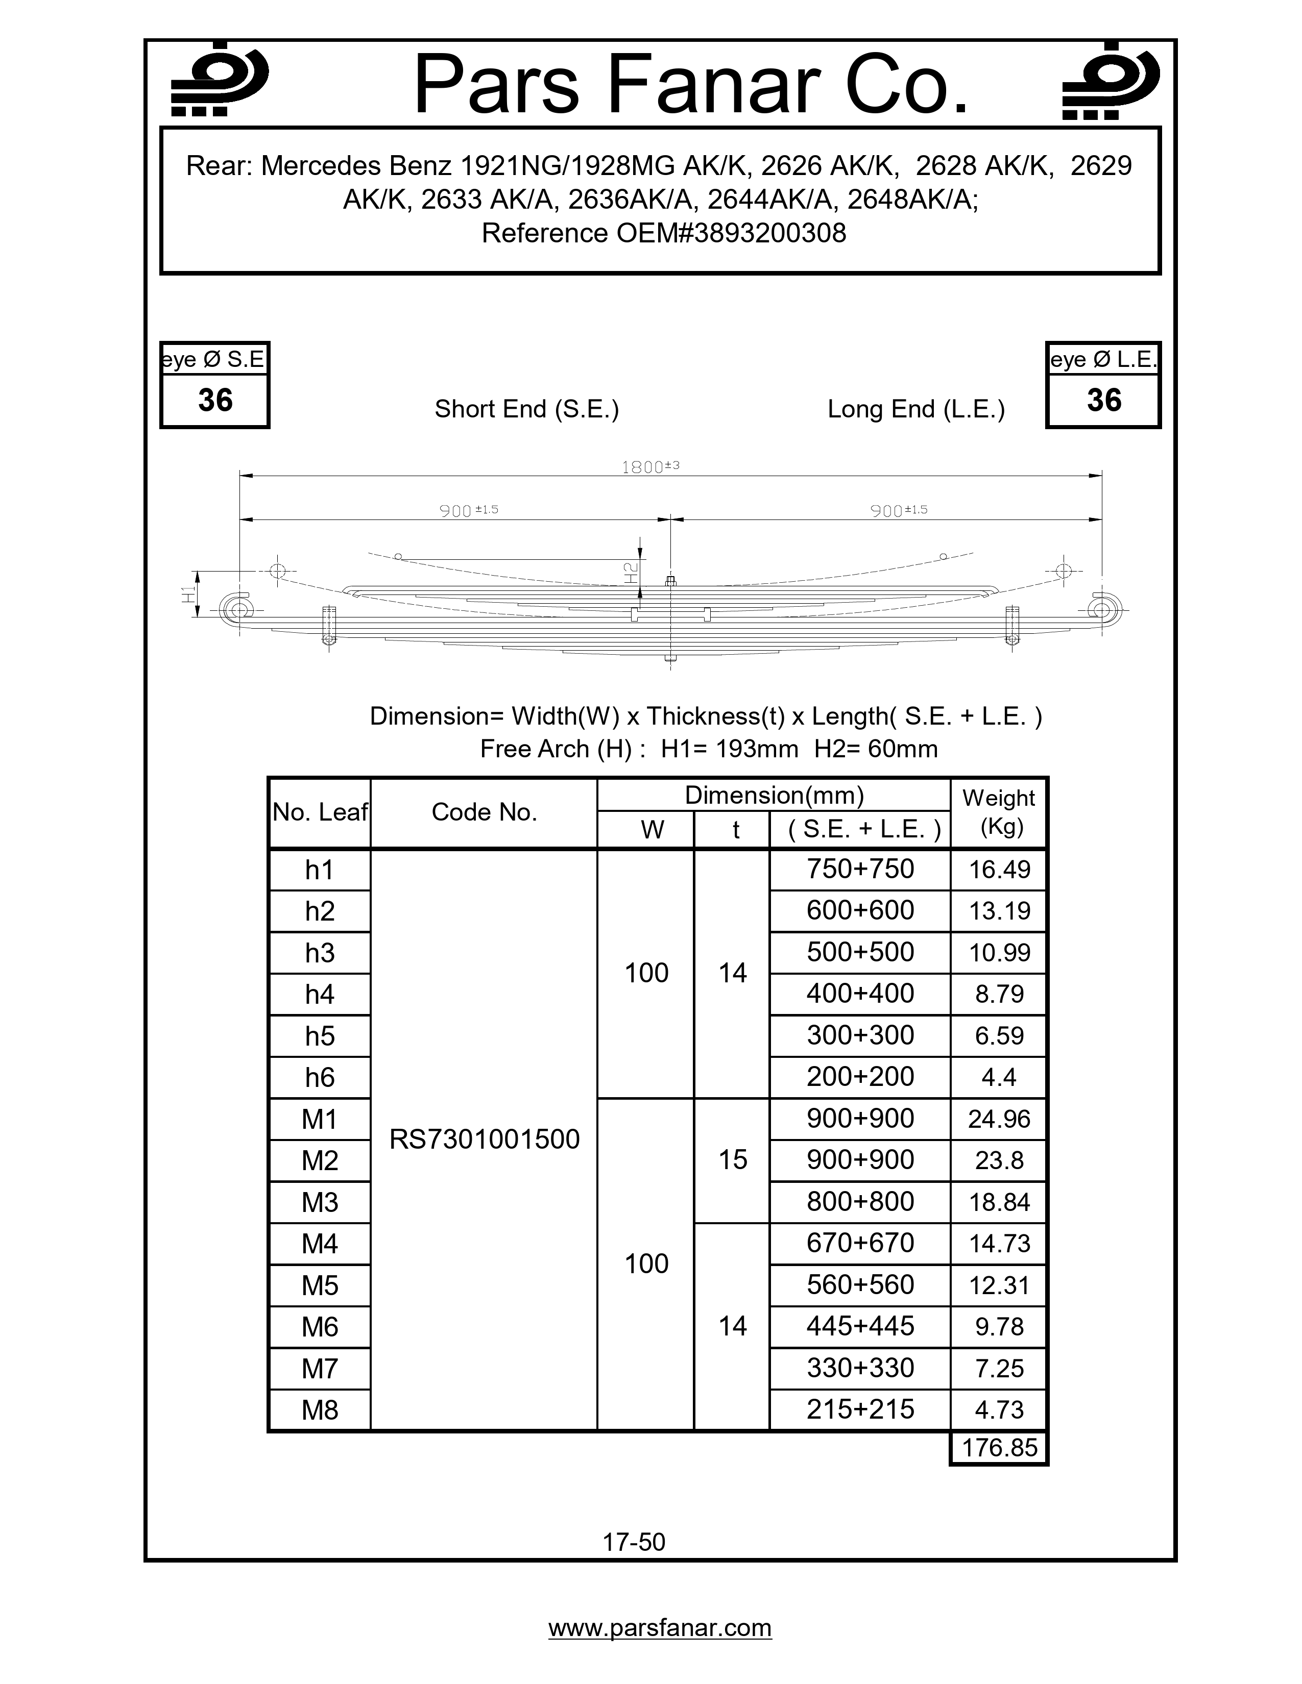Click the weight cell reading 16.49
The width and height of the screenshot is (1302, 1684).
pos(999,870)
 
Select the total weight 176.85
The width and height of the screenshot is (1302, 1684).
pos(999,1447)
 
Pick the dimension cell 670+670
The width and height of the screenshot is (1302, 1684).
pos(860,1243)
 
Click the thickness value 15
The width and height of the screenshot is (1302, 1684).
pos(732,1160)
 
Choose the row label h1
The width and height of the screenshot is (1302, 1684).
pos(319,870)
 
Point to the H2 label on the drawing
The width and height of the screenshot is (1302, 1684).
pos(630,572)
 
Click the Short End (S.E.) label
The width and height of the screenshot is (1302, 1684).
pos(527,409)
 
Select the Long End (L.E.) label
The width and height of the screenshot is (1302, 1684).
pos(915,409)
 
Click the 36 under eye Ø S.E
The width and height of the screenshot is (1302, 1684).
pos(215,400)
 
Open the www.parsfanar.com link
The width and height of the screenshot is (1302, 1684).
pos(660,1628)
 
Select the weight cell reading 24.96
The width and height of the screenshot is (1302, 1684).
pos(999,1119)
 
